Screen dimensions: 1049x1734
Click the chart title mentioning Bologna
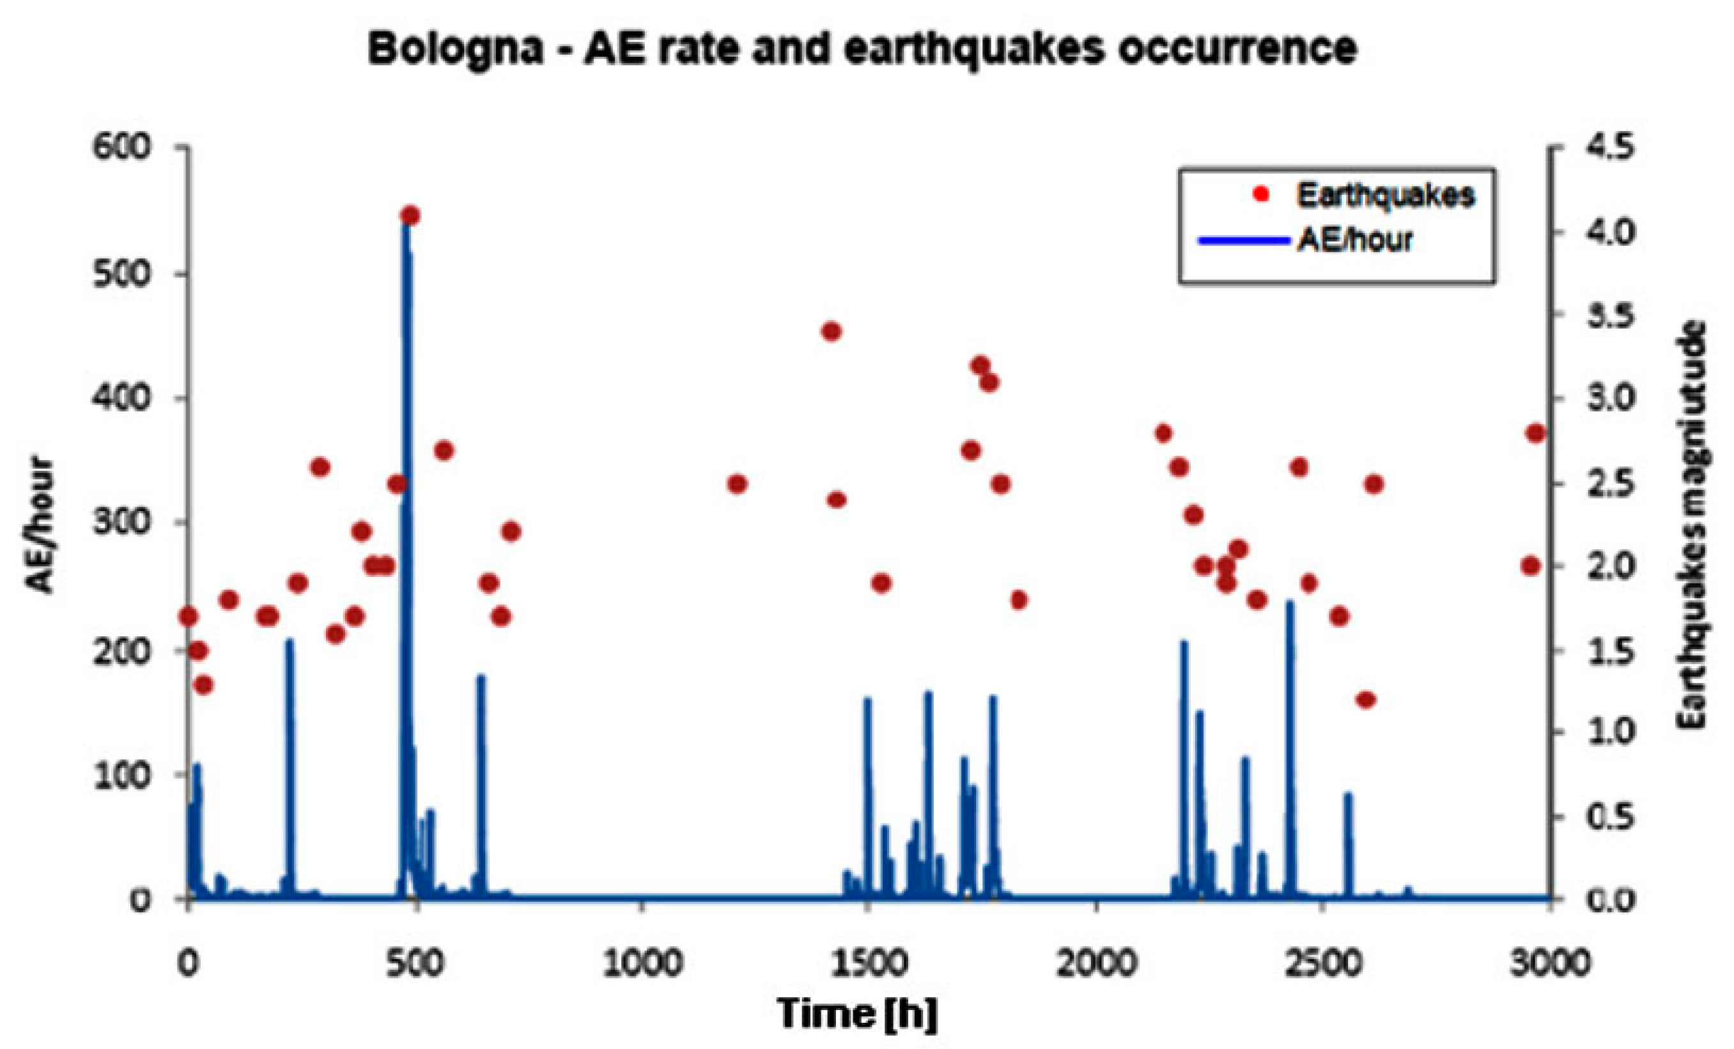point(862,49)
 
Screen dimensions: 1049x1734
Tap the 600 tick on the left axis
point(121,148)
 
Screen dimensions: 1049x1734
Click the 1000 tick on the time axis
point(642,963)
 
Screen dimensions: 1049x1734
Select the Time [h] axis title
point(857,1014)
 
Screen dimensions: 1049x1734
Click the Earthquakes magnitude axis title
point(1692,524)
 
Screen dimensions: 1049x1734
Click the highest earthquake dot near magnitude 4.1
point(410,215)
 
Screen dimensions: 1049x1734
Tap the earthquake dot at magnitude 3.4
point(832,332)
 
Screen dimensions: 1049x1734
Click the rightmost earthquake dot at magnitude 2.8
point(1536,433)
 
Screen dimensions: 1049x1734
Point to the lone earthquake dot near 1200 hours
point(737,484)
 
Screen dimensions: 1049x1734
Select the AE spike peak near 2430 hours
point(1290,602)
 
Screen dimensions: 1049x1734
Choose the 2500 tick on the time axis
point(1324,963)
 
